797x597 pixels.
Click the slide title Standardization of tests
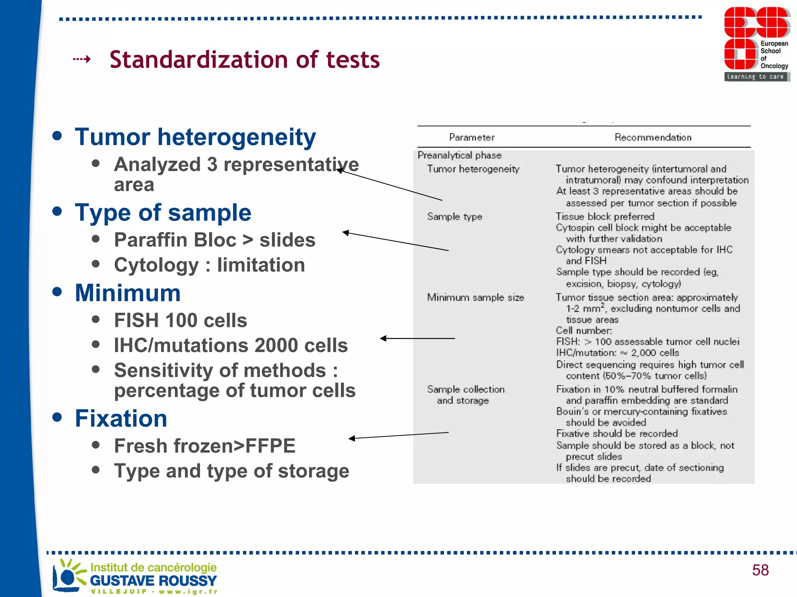click(x=244, y=60)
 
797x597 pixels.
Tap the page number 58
click(x=760, y=570)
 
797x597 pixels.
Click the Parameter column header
click(x=472, y=138)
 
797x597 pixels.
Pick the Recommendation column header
click(x=653, y=138)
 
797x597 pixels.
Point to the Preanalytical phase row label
click(x=459, y=155)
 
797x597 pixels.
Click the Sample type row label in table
click(x=455, y=216)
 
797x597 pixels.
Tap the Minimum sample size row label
click(x=475, y=298)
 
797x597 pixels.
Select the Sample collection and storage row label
click(x=465, y=395)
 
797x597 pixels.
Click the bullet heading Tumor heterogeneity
click(x=195, y=137)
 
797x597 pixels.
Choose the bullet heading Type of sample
click(x=163, y=213)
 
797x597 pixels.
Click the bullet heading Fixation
click(x=121, y=419)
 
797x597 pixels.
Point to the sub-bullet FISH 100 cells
click(x=180, y=321)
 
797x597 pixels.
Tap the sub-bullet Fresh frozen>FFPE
click(x=205, y=446)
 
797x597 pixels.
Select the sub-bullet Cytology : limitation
click(x=209, y=265)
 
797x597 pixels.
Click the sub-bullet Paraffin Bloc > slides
click(x=214, y=240)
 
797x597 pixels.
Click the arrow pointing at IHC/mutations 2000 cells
click(x=417, y=339)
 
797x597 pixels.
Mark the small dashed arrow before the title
click(x=82, y=59)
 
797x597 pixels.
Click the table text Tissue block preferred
click(x=605, y=216)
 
